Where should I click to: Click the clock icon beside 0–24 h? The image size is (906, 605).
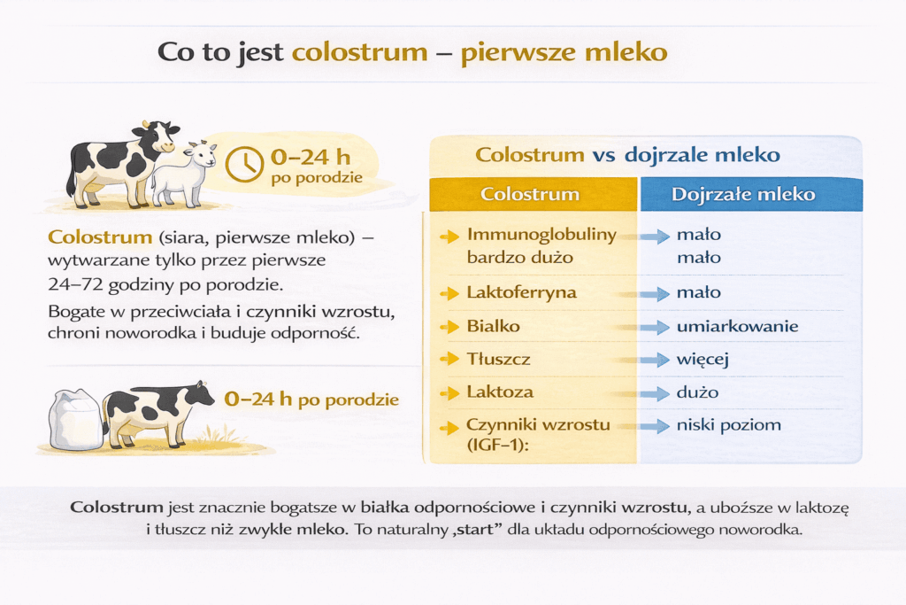click(244, 164)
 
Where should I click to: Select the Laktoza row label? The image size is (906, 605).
click(500, 392)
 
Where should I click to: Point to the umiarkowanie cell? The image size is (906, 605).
click(737, 326)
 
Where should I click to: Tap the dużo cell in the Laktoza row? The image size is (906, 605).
click(697, 392)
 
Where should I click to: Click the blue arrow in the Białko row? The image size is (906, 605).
click(655, 327)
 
